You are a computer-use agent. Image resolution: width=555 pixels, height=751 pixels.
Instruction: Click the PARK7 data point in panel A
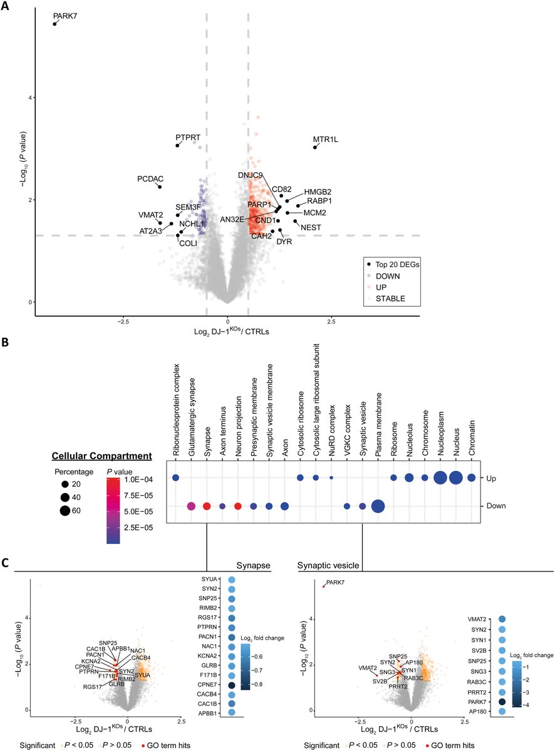click(x=54, y=24)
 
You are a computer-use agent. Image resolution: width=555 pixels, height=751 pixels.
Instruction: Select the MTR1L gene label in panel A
click(x=326, y=140)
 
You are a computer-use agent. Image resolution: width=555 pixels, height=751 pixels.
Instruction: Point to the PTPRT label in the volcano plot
click(x=187, y=137)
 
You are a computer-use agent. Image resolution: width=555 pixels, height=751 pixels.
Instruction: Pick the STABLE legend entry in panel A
click(x=390, y=299)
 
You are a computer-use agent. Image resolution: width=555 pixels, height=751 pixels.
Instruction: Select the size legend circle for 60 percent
click(x=65, y=511)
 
